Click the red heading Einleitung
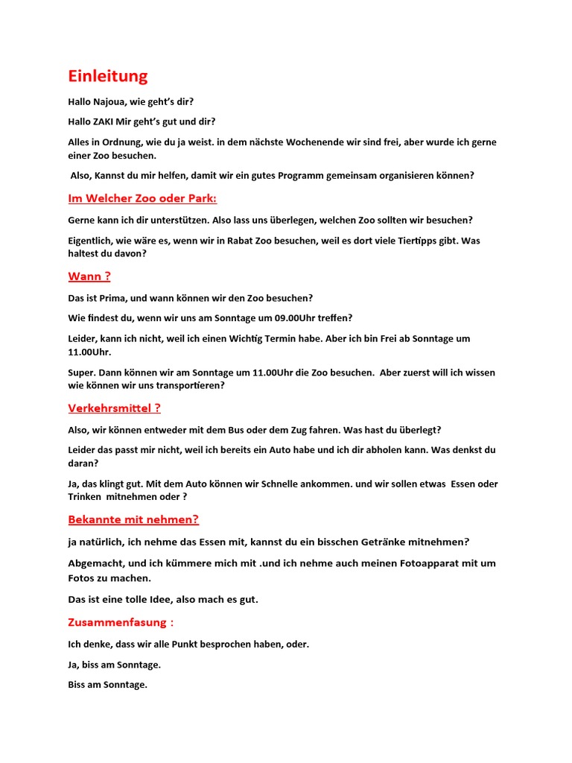(107, 76)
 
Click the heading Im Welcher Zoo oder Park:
(142, 199)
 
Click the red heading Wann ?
(89, 276)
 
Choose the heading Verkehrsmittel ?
(114, 408)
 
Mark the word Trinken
(84, 497)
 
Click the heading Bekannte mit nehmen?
(133, 520)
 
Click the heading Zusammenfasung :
(121, 623)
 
